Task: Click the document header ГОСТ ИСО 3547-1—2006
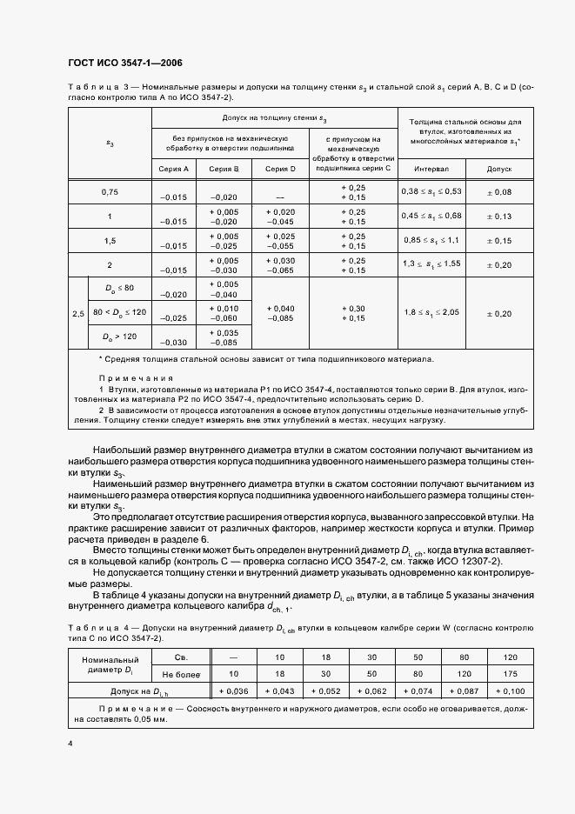[x=124, y=63]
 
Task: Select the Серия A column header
[x=172, y=170]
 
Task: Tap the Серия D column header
[x=280, y=170]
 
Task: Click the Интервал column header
[x=431, y=170]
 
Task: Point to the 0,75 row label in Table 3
[x=110, y=192]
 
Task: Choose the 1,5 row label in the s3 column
[x=110, y=241]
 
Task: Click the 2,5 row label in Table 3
[x=78, y=314]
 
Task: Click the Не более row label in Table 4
[x=181, y=674]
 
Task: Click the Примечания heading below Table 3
[x=136, y=378]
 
